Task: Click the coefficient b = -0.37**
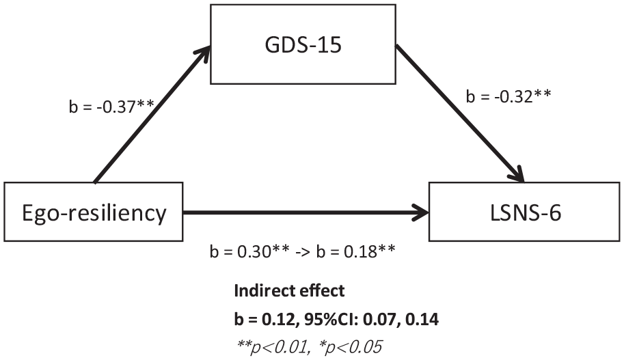pos(111,107)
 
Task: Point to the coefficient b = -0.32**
pos(508,96)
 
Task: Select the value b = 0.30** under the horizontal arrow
pos(249,252)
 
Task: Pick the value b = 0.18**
pos(356,252)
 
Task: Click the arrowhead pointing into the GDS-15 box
pos(203,54)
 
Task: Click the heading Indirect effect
pos(289,291)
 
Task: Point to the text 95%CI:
pos(339,320)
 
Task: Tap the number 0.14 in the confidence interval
pos(422,320)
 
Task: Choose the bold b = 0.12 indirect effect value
pos(265,320)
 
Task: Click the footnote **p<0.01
pos(273,347)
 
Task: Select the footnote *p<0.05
pos(350,347)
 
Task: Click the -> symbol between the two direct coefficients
pos(303,252)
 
